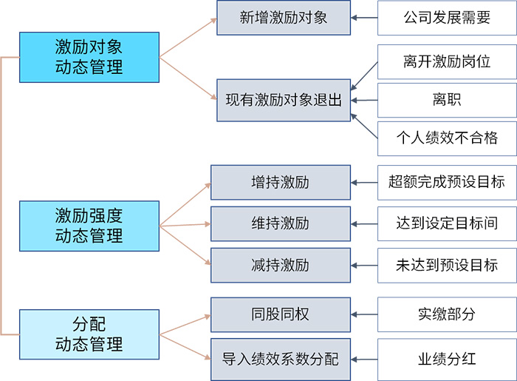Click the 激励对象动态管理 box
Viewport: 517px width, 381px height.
[89, 57]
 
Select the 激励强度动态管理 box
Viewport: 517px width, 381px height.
[89, 226]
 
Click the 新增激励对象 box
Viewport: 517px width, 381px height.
[284, 17]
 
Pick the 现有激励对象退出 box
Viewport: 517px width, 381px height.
[284, 99]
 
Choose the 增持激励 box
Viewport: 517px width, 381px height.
[280, 182]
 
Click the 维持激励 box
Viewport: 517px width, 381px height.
[280, 223]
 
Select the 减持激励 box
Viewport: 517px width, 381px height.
[280, 265]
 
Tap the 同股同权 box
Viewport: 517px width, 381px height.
[280, 314]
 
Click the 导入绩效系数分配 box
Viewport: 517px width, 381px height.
[280, 360]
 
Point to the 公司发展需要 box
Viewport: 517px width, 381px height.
[447, 17]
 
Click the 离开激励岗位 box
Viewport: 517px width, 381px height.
[447, 61]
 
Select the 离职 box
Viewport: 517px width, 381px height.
[447, 99]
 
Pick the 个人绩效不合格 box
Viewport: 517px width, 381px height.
[447, 138]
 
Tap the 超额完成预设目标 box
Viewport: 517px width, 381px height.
[447, 182]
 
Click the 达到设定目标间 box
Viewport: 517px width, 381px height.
[447, 223]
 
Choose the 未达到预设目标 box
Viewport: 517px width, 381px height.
[447, 265]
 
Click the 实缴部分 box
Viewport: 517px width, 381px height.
[447, 314]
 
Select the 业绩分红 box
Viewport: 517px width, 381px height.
[447, 360]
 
